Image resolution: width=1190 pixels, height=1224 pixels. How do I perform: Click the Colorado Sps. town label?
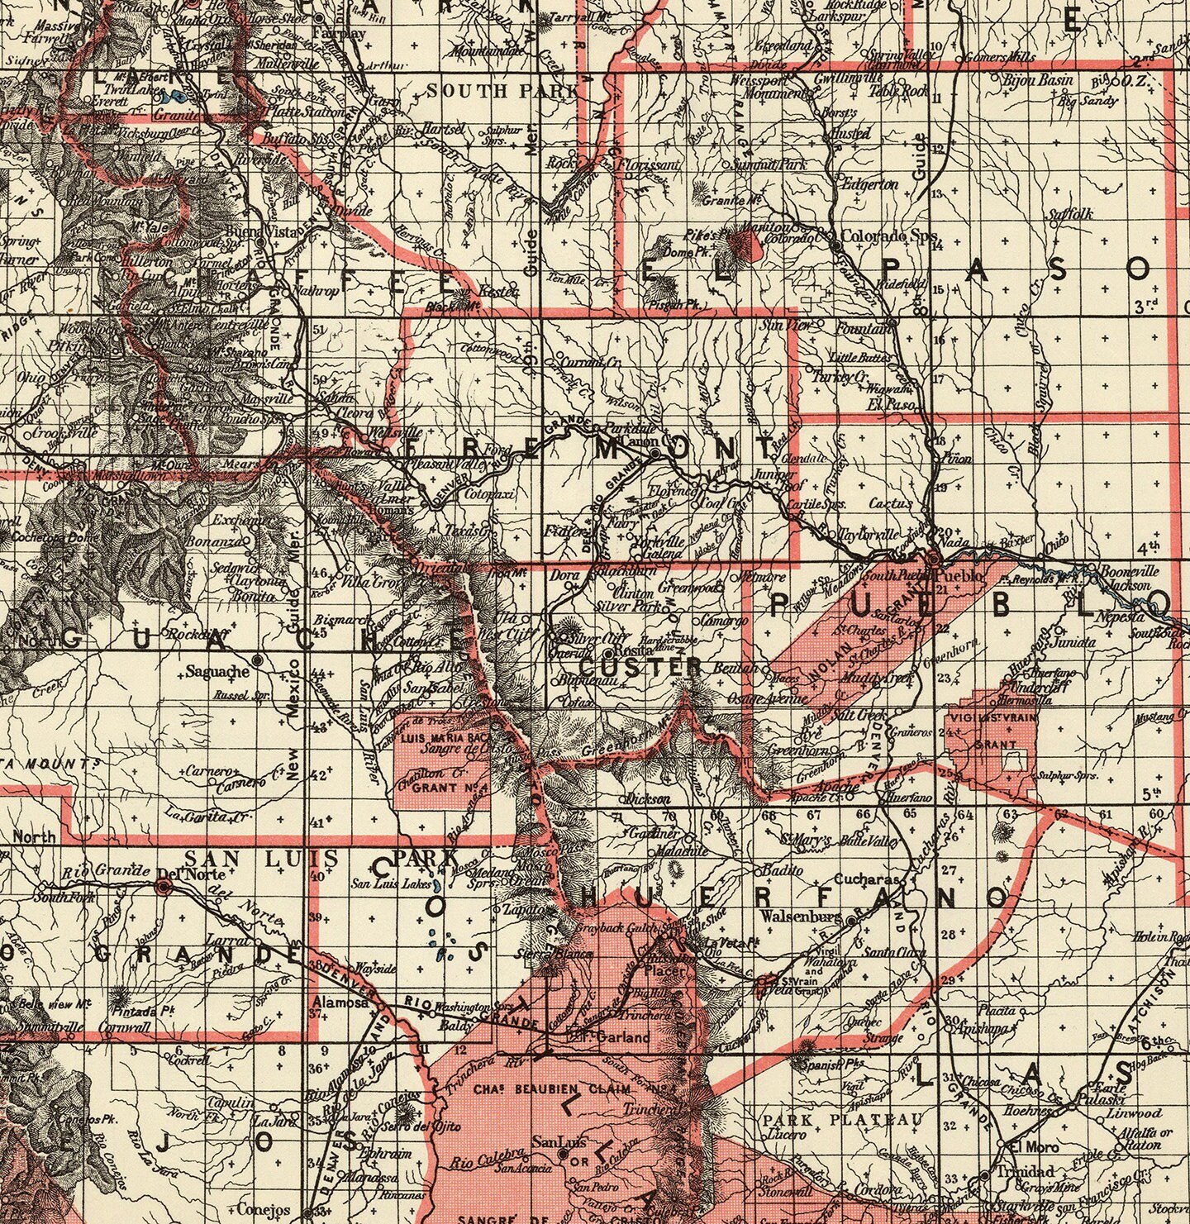point(890,236)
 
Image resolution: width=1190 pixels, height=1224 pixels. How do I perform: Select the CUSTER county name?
point(640,666)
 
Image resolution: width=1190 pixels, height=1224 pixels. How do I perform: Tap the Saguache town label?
point(217,671)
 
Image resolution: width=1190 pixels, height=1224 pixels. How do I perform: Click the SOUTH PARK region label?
point(503,91)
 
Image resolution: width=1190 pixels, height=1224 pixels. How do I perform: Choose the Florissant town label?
point(649,164)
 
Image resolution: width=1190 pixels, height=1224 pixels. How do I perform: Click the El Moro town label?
point(1024,1146)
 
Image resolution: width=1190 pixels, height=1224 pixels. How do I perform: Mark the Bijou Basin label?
point(1037,80)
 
